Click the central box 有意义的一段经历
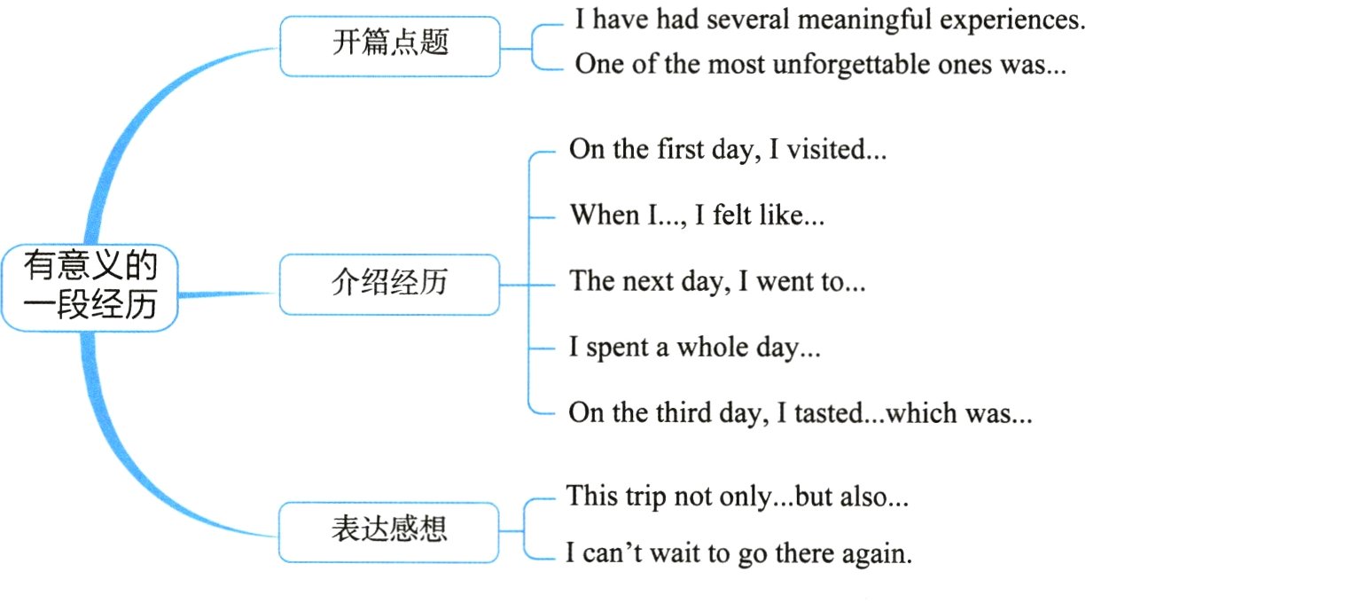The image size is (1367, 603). point(90,285)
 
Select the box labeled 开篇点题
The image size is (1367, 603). point(390,44)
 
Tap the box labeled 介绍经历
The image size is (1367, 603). point(390,284)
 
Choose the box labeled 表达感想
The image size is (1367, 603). point(390,530)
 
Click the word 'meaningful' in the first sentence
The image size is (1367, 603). point(865,20)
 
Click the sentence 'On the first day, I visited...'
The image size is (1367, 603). point(727,149)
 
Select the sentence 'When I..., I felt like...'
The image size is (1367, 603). point(697,215)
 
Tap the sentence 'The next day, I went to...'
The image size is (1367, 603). point(716,281)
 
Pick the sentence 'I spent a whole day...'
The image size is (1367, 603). point(694,348)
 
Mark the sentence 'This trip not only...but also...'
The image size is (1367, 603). point(737,497)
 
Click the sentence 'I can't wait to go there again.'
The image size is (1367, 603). point(738,555)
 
